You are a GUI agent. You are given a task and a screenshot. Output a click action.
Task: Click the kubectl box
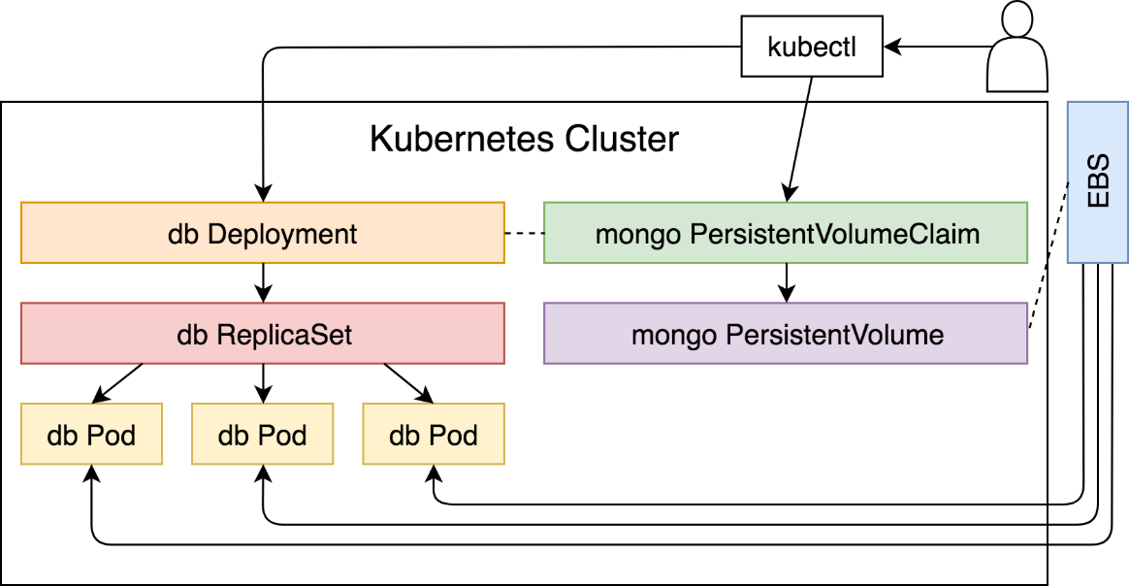tap(812, 47)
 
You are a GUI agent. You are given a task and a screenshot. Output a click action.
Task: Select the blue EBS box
tap(1097, 182)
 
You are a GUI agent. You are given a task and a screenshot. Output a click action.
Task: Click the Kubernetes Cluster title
tap(524, 139)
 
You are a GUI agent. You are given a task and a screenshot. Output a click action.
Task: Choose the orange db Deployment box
tap(263, 233)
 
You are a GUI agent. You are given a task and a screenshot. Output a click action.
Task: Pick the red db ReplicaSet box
tap(263, 334)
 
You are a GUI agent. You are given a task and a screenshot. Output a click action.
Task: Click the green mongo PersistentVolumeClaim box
tap(786, 233)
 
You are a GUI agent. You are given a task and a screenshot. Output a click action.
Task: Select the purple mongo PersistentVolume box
tap(786, 334)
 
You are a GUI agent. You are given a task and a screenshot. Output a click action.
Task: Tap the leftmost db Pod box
tap(91, 434)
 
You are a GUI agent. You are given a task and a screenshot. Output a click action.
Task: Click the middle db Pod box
tap(263, 434)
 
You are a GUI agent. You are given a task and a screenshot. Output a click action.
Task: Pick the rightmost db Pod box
tap(434, 434)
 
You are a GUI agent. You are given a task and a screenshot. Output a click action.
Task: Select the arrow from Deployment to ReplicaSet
tap(264, 283)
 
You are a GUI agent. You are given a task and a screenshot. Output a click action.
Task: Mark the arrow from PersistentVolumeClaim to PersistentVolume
tap(787, 283)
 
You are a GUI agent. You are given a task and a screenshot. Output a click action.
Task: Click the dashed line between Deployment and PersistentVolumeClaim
tap(524, 233)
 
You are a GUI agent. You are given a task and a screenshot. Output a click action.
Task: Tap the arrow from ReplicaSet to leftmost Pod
tap(116, 383)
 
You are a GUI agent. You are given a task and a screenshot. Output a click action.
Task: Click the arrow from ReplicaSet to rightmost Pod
tap(409, 383)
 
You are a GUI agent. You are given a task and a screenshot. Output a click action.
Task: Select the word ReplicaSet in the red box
tap(285, 335)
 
